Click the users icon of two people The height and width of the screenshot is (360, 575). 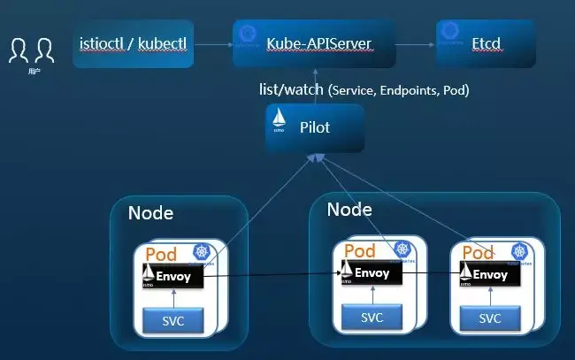point(26,50)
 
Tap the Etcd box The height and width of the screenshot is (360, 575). point(486,42)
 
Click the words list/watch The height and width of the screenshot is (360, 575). point(288,89)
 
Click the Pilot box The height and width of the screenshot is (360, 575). point(315,127)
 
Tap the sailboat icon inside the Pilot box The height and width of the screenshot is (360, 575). point(280,121)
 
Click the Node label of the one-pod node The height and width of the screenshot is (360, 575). point(150,213)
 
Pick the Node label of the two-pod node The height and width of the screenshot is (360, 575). point(349,210)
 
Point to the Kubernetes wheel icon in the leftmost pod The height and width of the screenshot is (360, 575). point(202,252)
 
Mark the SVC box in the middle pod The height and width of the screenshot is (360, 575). point(372,318)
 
